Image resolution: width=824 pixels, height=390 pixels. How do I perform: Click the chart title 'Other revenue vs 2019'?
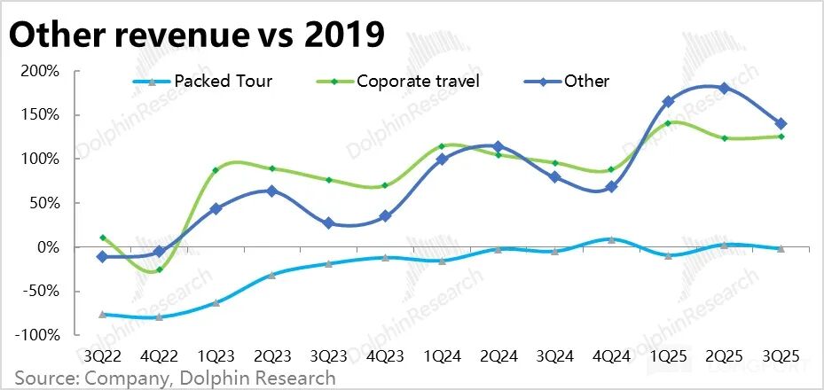point(197,35)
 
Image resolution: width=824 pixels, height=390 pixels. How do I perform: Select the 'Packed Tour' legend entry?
point(223,82)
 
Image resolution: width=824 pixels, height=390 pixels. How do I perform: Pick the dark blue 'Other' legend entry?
point(586,82)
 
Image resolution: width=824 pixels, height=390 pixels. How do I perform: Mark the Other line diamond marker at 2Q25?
point(725,89)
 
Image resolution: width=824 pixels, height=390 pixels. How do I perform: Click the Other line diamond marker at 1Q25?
point(668,102)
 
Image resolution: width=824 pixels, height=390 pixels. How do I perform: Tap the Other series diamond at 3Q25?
point(781,124)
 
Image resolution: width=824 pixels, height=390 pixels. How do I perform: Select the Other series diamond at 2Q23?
point(272,191)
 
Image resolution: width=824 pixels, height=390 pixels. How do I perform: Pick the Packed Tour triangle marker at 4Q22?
point(160,316)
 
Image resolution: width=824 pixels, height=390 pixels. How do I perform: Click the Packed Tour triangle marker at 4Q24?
point(611,239)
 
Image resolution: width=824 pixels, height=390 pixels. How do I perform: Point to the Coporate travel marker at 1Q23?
point(216,170)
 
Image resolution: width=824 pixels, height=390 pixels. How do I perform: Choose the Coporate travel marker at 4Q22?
point(160,269)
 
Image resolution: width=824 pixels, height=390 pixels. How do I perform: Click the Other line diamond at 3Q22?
point(103,256)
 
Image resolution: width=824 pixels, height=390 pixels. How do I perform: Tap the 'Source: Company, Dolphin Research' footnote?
point(175,378)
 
